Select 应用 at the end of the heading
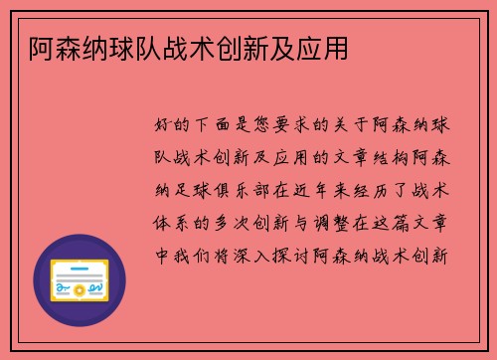click(326, 46)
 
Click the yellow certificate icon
click(80, 280)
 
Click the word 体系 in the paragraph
click(177, 221)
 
